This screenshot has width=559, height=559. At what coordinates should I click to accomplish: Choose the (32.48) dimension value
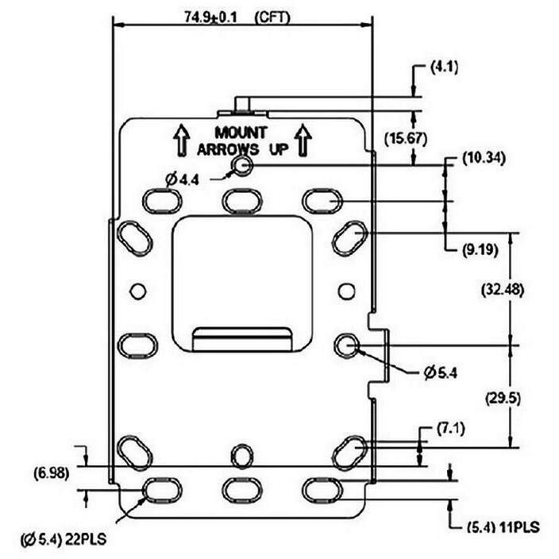click(x=502, y=290)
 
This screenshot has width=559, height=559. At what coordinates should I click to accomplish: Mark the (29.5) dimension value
click(x=502, y=398)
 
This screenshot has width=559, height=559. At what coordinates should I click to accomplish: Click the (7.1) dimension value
click(x=453, y=430)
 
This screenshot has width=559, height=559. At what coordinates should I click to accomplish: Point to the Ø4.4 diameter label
click(x=183, y=179)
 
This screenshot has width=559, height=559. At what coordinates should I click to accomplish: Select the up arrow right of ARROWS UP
click(x=303, y=141)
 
